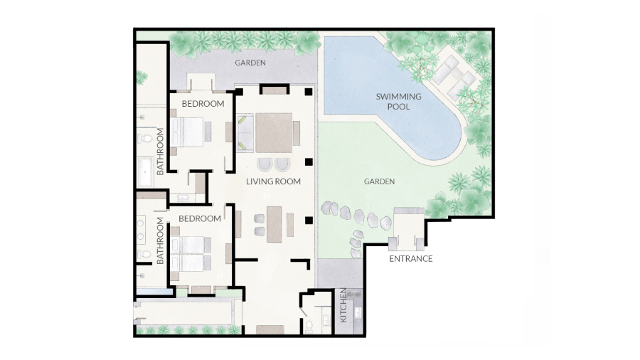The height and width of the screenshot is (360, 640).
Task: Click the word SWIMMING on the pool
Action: coord(398,97)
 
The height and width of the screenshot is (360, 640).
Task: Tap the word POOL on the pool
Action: coord(398,107)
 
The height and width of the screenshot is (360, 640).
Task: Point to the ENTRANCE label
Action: coord(410,259)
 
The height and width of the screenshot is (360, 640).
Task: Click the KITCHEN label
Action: coord(343,305)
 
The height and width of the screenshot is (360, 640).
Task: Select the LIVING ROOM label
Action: coord(273,181)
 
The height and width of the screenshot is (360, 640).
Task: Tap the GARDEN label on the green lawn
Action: coord(379,181)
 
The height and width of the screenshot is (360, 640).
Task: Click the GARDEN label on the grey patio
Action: coord(250,63)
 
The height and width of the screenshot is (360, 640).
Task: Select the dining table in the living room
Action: coord(274,224)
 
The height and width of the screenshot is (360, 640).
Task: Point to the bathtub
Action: coord(145,172)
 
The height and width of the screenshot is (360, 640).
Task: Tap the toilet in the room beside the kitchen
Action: coord(309,326)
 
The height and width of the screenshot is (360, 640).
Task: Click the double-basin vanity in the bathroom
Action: coord(142,229)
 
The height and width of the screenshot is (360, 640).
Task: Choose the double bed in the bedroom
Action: coord(187,132)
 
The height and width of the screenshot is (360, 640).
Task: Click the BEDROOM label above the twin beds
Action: coord(200,219)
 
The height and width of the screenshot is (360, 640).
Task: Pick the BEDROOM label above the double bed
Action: coord(203,104)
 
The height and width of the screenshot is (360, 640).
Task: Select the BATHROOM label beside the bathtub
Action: coord(160,152)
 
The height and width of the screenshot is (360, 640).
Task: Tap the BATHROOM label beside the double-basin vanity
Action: coord(160,240)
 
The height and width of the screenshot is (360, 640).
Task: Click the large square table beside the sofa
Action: coord(274,132)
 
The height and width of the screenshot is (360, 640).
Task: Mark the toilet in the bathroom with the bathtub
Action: coord(145,138)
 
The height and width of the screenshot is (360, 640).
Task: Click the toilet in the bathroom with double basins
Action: coord(144,254)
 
